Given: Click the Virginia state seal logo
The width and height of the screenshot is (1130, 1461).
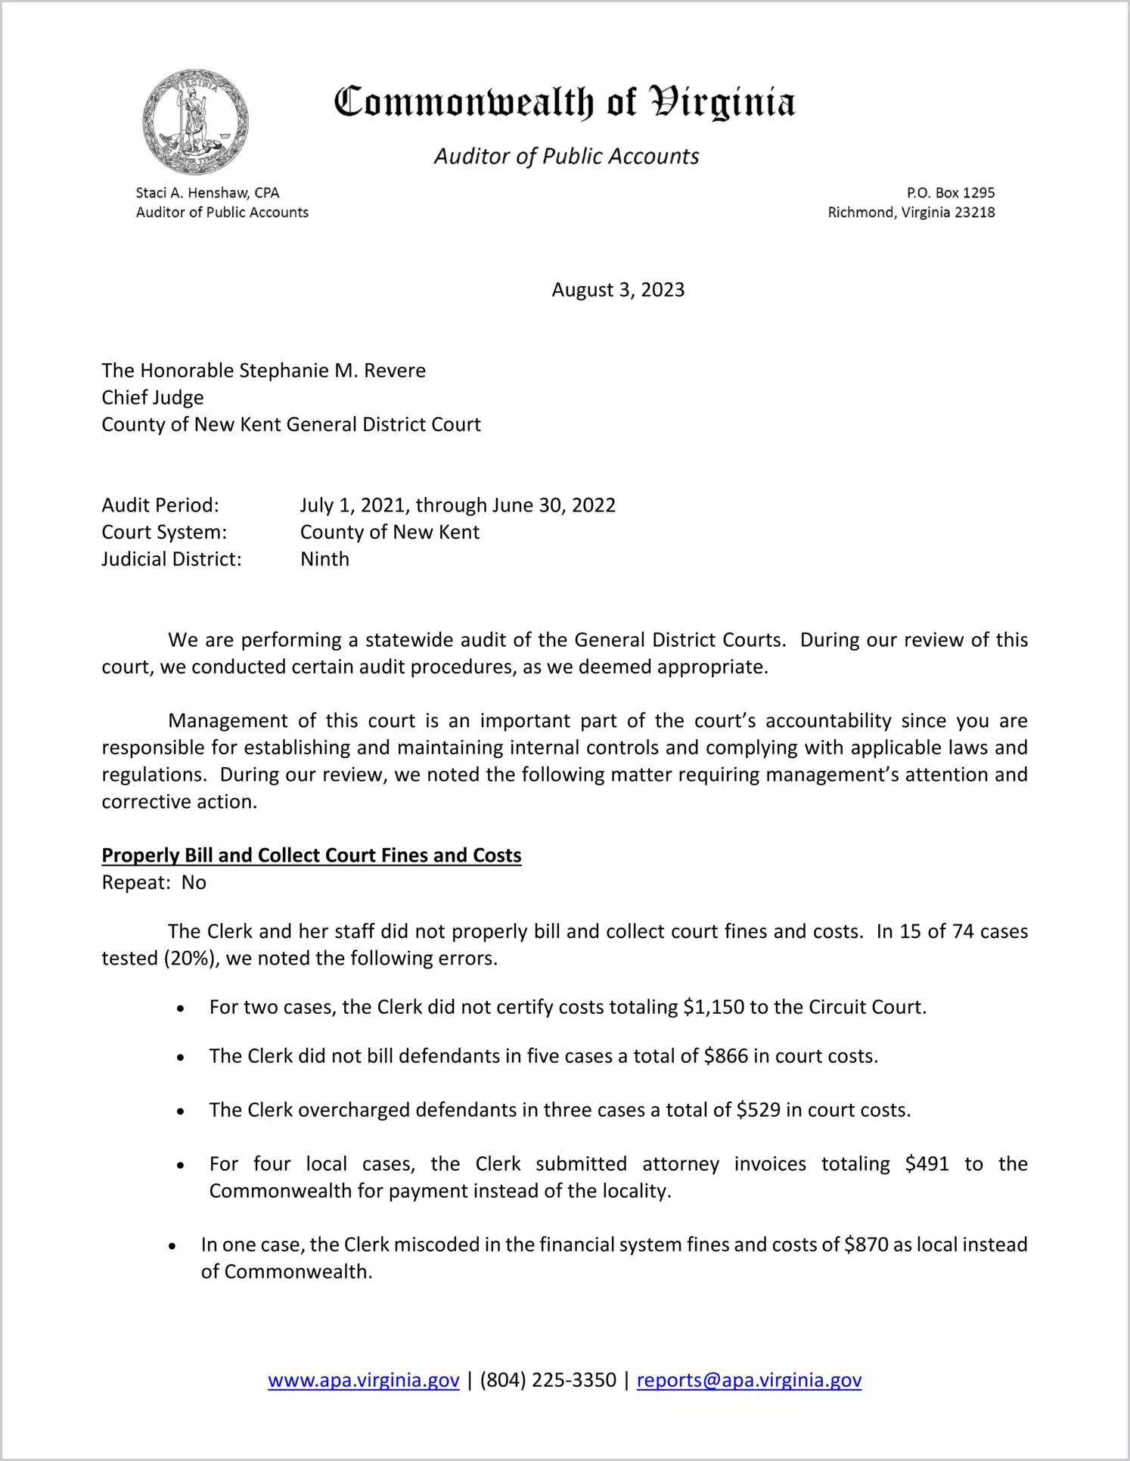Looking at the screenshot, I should [195, 122].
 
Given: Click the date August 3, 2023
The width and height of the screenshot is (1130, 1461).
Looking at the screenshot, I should [618, 290].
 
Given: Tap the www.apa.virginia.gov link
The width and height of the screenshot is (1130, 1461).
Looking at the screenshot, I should [364, 1380].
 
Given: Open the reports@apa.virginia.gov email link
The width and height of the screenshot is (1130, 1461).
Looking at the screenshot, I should [749, 1380].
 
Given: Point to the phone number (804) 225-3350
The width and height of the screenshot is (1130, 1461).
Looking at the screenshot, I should [548, 1380].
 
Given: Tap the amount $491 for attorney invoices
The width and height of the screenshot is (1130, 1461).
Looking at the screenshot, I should [927, 1164].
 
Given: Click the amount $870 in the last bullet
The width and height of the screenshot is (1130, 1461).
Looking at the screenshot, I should [866, 1245].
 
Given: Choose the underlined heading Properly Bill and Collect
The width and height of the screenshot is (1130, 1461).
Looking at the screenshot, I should [312, 855].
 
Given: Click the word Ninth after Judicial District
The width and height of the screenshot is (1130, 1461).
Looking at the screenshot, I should [324, 559].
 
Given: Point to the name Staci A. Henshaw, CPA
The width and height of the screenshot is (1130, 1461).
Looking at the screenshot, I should [207, 193].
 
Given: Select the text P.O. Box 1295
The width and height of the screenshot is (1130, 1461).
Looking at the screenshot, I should [951, 193].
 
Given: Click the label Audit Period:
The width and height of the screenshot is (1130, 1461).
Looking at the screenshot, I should [160, 505].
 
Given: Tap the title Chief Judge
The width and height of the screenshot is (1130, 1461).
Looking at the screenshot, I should [153, 398].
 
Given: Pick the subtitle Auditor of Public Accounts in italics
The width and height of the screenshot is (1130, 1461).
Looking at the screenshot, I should [566, 157].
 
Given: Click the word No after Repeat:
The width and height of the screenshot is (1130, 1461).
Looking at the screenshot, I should [194, 883].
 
